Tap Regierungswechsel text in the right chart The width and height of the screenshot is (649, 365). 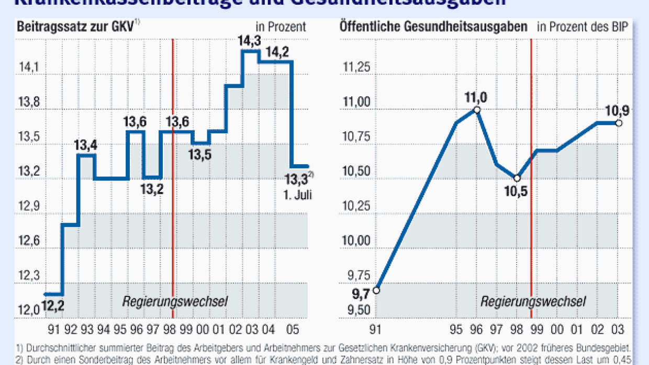533,302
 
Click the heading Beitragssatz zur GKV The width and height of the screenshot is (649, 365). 76,26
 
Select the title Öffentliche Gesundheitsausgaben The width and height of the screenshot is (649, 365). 433,27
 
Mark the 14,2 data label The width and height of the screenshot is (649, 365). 281,52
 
